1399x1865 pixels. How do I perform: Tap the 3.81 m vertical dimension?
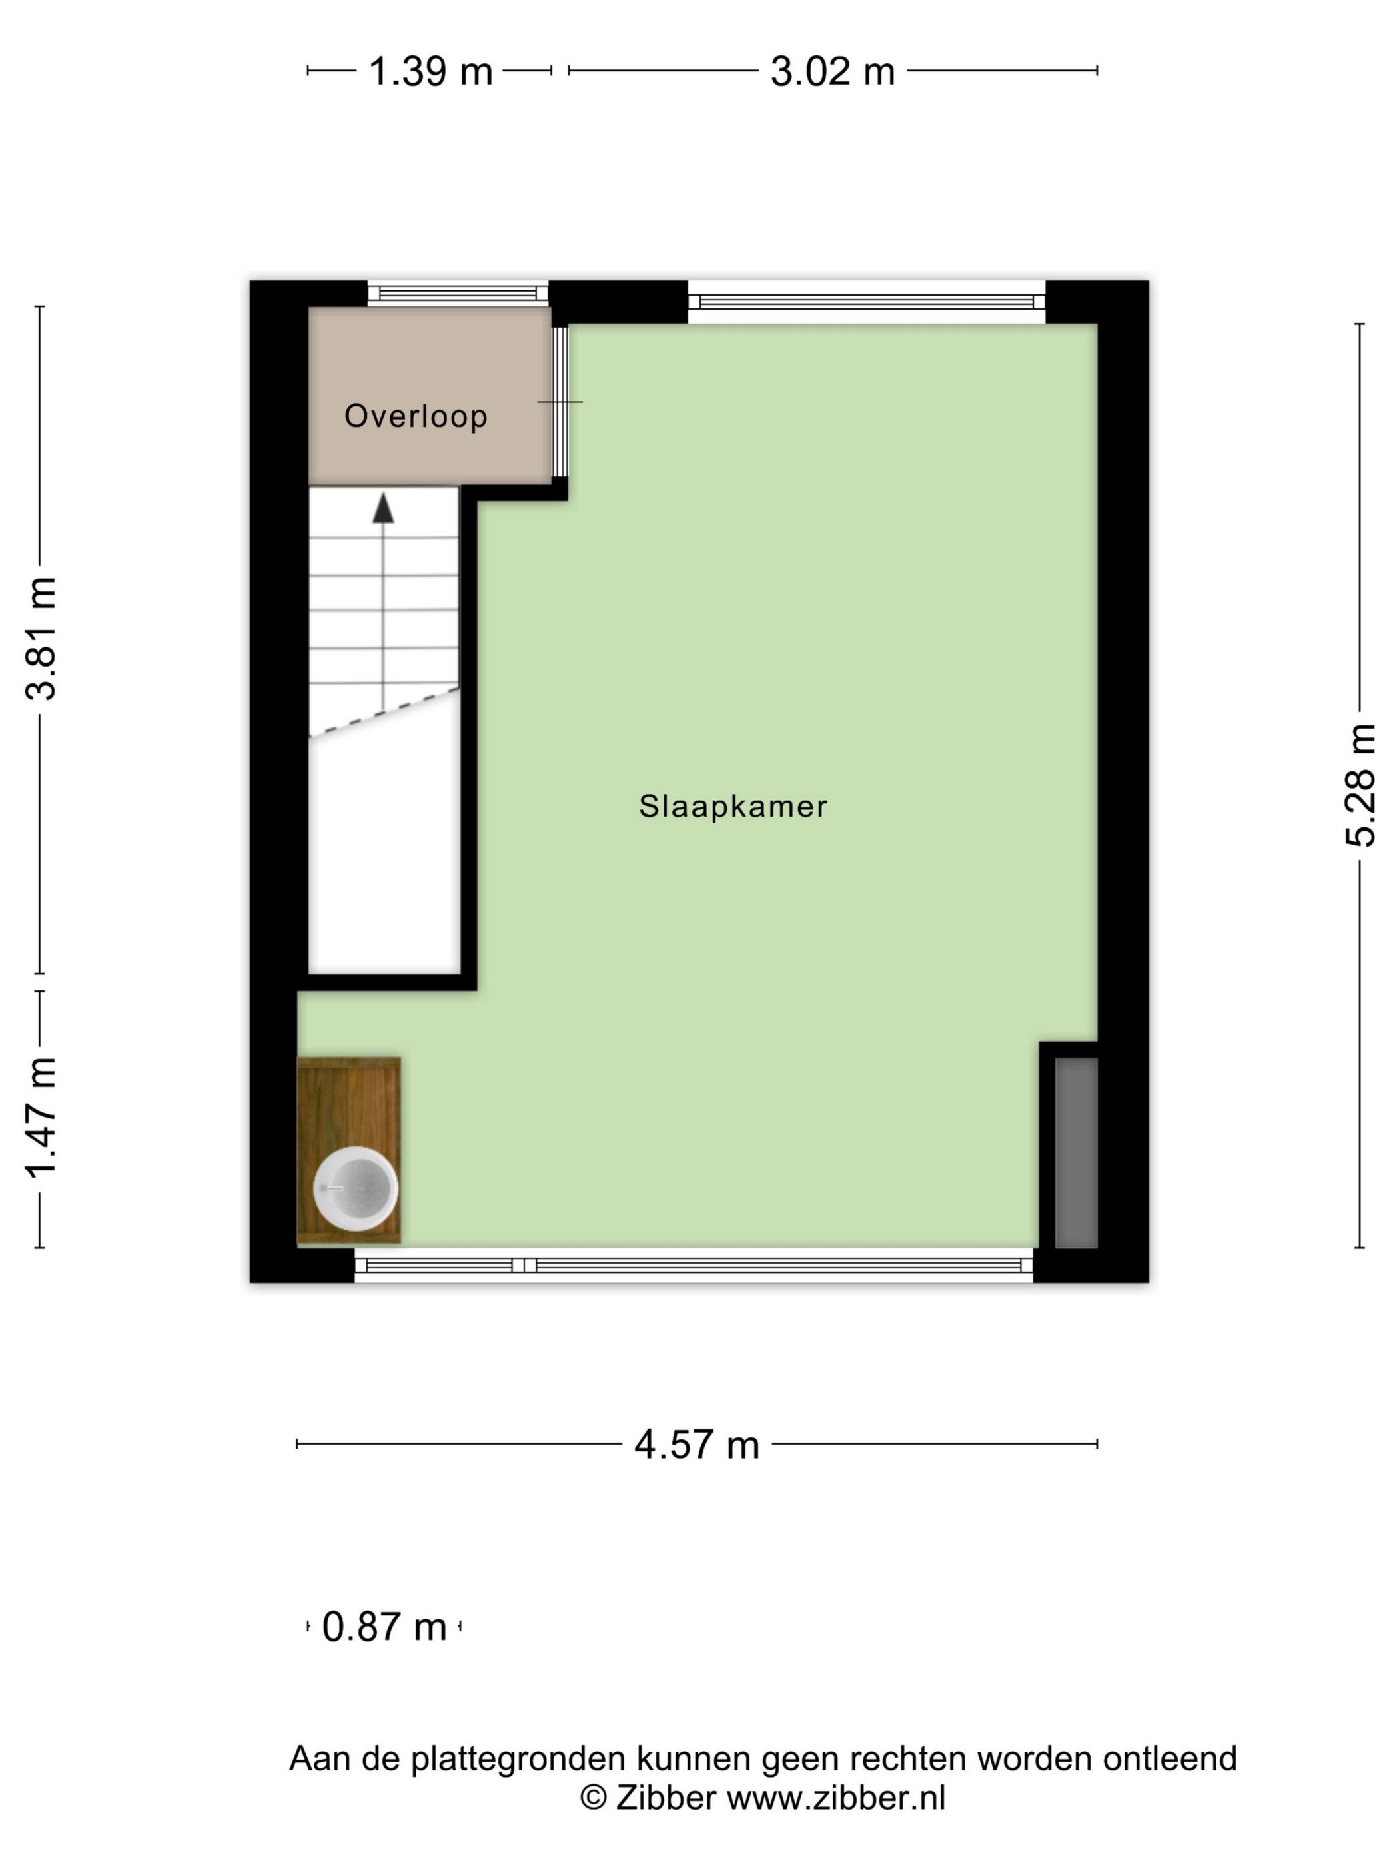point(41,638)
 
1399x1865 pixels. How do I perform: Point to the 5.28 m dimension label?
point(1360,784)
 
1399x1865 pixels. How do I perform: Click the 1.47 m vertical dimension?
point(41,1116)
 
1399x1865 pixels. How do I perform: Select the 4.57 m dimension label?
point(697,1444)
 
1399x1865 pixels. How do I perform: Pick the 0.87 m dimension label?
point(384,1627)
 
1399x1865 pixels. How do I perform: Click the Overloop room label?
point(416,416)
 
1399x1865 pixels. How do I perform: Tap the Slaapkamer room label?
point(733,806)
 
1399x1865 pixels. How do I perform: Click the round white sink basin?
point(355,1188)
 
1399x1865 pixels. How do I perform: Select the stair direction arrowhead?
point(384,508)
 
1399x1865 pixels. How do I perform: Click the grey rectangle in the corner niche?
point(1076,1152)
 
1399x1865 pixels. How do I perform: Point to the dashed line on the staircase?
point(384,713)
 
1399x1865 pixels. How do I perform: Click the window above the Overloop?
point(458,294)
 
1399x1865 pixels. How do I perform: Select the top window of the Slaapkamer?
point(866,302)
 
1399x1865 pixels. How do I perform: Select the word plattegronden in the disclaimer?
point(518,1759)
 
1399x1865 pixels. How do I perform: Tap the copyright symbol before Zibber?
point(593,1798)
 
